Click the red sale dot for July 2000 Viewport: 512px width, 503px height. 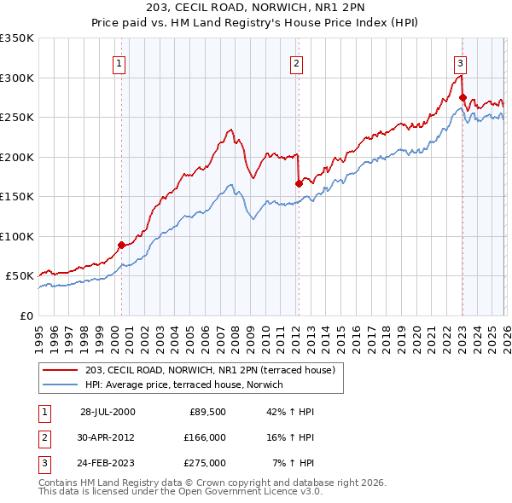(121, 245)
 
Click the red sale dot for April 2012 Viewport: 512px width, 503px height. (299, 183)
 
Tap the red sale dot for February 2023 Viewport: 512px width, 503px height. (462, 97)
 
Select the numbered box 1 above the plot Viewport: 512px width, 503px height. (119, 62)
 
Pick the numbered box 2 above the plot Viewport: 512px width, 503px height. (296, 62)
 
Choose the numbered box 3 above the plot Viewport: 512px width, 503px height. (460, 62)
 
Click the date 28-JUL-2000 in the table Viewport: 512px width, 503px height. (108, 411)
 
